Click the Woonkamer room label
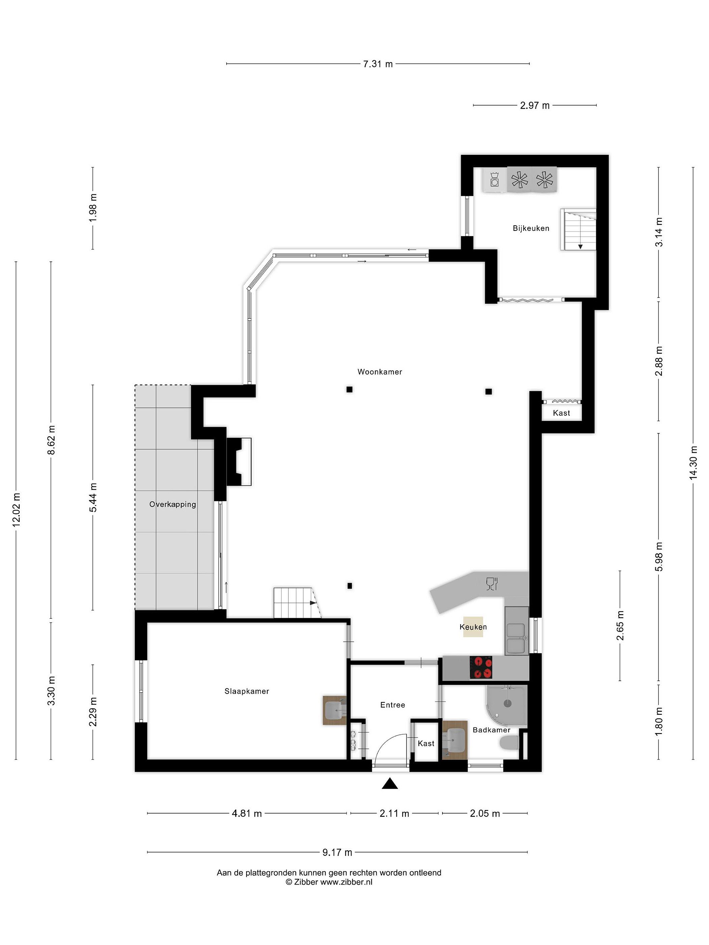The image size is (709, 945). [379, 372]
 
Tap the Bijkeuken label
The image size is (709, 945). [531, 228]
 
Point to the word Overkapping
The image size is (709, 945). [173, 504]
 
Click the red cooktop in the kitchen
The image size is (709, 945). [481, 667]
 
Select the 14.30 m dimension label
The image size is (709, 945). [693, 462]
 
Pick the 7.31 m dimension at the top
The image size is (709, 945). [378, 64]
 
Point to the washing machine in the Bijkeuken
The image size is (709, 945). [494, 179]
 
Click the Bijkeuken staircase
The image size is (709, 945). [578, 229]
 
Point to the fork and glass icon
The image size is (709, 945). [492, 584]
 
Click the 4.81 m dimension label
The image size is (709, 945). [247, 813]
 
